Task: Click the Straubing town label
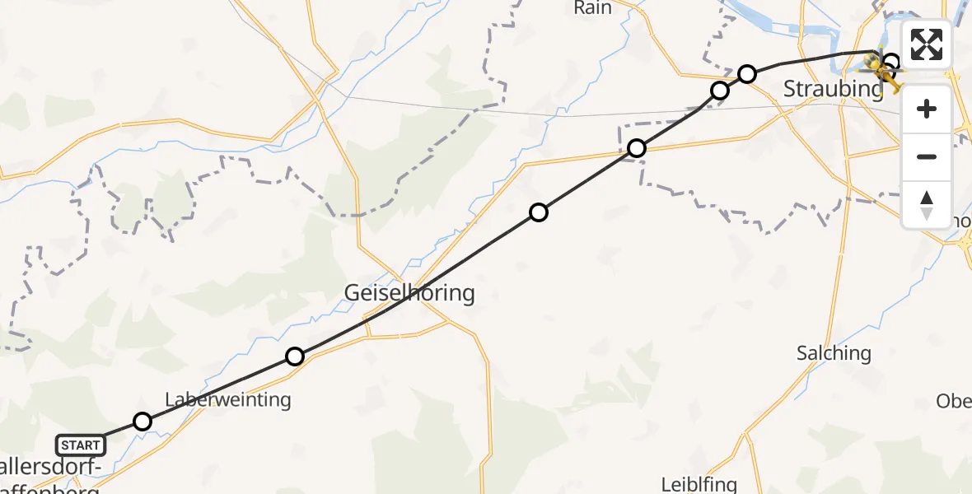pyautogui.click(x=833, y=88)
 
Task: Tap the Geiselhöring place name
pyautogui.click(x=409, y=292)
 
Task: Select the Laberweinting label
pyautogui.click(x=228, y=400)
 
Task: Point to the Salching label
pyautogui.click(x=834, y=353)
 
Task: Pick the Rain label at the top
pyautogui.click(x=593, y=7)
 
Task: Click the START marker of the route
pyautogui.click(x=81, y=445)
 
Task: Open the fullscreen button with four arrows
pyautogui.click(x=927, y=44)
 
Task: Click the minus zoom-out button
pyautogui.click(x=927, y=156)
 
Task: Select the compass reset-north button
pyautogui.click(x=927, y=204)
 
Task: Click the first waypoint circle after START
pyautogui.click(x=143, y=422)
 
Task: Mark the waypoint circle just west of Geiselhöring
pyautogui.click(x=295, y=357)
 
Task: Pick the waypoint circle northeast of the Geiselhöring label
pyautogui.click(x=539, y=212)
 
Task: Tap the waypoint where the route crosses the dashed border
pyautogui.click(x=637, y=148)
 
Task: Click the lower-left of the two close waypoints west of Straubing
pyautogui.click(x=720, y=90)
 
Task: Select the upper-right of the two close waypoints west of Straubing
pyautogui.click(x=747, y=74)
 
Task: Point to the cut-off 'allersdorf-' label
pyautogui.click(x=51, y=468)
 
